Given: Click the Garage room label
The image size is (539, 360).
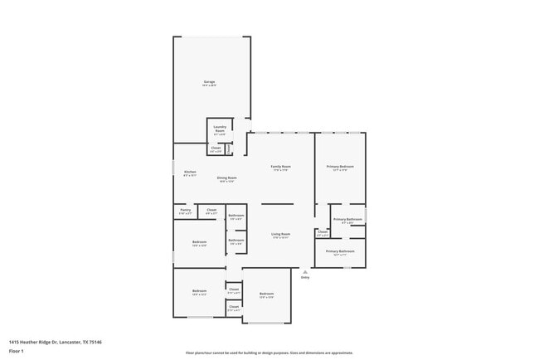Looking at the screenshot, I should [x=209, y=82].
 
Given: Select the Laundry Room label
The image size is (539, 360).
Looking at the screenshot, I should [x=220, y=129].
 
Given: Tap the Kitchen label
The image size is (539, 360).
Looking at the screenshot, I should [x=190, y=172].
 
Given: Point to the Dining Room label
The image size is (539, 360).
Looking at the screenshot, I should [x=227, y=178].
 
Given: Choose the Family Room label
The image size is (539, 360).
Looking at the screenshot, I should [x=281, y=167].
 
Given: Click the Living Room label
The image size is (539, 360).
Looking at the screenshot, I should [x=281, y=234].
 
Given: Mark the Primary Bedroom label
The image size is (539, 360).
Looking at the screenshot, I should [x=340, y=167].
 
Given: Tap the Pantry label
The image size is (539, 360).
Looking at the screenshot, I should [x=185, y=210].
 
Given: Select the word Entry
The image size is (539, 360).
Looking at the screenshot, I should [x=305, y=277].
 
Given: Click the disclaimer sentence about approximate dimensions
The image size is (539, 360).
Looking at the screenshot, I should [x=269, y=353].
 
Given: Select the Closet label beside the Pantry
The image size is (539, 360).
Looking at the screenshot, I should [x=211, y=210].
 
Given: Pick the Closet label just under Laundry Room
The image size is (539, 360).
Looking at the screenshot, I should [x=216, y=148].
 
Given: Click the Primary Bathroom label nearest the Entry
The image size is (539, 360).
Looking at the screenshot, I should [x=340, y=251].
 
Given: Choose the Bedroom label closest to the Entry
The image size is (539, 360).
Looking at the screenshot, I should [x=266, y=294].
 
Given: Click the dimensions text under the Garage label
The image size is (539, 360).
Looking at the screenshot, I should [x=209, y=86].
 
